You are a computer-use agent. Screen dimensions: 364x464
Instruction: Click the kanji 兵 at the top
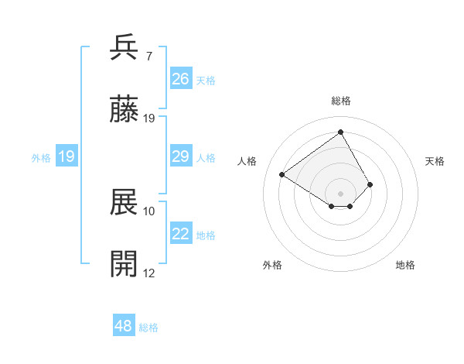(125, 47)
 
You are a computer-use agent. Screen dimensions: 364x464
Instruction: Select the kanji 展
(125, 202)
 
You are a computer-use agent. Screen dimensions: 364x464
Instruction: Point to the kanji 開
(125, 264)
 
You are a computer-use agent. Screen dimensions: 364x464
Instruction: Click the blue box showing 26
(181, 79)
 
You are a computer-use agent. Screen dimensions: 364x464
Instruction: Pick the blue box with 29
(181, 157)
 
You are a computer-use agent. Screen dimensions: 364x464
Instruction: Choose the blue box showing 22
(181, 235)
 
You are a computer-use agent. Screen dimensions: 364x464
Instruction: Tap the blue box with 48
(124, 326)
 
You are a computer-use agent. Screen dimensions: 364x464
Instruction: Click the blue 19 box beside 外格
(67, 157)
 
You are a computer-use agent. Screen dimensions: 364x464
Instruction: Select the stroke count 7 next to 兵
(148, 57)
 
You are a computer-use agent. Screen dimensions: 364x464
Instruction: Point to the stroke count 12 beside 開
(149, 273)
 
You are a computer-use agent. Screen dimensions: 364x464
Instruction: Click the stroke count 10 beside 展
(149, 211)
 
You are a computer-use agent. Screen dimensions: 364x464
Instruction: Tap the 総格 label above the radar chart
(341, 101)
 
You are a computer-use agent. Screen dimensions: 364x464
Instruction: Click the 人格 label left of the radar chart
(247, 161)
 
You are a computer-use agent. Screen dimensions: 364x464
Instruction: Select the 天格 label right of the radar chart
(435, 161)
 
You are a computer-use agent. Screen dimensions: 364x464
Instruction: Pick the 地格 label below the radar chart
(405, 265)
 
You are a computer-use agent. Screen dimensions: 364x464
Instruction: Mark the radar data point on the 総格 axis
(340, 132)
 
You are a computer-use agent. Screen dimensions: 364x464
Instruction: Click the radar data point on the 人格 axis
(282, 175)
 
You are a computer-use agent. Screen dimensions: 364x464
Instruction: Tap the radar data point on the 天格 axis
(370, 184)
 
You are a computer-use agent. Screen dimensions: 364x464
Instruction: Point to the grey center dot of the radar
(341, 194)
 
